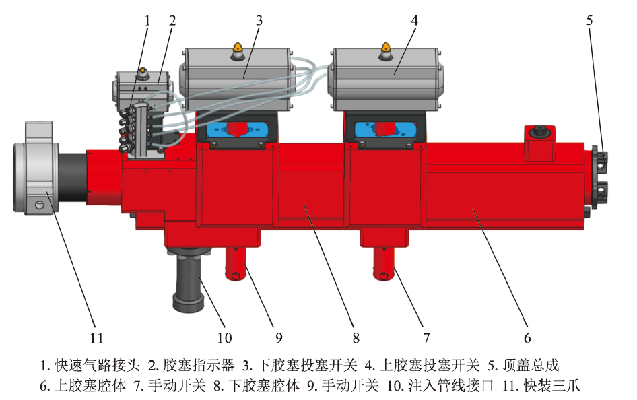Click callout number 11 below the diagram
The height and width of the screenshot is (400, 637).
click(x=96, y=337)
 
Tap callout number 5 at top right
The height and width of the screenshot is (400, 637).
click(x=589, y=20)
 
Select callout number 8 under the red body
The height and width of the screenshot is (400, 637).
click(x=356, y=337)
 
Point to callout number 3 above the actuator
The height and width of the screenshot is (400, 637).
click(x=259, y=20)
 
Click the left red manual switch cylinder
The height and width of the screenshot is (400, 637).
click(x=236, y=264)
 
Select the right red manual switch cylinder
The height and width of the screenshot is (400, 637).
click(x=384, y=264)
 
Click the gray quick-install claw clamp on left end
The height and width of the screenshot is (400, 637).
click(x=36, y=167)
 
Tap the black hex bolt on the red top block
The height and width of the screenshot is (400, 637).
click(x=539, y=131)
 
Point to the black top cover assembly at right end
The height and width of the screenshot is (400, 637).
click(x=600, y=177)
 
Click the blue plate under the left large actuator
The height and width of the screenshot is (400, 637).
click(x=238, y=130)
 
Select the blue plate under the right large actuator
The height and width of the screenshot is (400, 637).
click(x=386, y=130)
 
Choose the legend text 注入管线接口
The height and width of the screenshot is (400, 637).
click(x=450, y=385)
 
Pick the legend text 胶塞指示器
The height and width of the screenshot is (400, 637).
click(x=199, y=365)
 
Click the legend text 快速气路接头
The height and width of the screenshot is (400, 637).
click(x=98, y=365)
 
